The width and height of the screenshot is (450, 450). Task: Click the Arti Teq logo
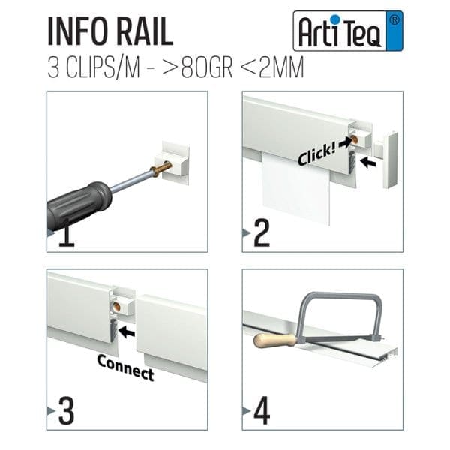347,31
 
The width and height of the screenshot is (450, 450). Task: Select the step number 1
66,235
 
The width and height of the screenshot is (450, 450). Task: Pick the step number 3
66,412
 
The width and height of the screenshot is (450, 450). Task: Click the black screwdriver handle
79,205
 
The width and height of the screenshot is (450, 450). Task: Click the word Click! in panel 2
314,154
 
